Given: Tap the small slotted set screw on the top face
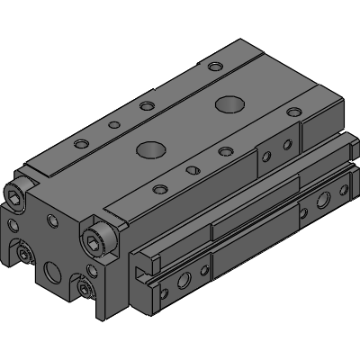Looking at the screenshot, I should tap(191, 169).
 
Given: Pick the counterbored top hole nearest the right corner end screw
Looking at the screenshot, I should tap(161, 188).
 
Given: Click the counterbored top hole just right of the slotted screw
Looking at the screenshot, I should tap(222, 150).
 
